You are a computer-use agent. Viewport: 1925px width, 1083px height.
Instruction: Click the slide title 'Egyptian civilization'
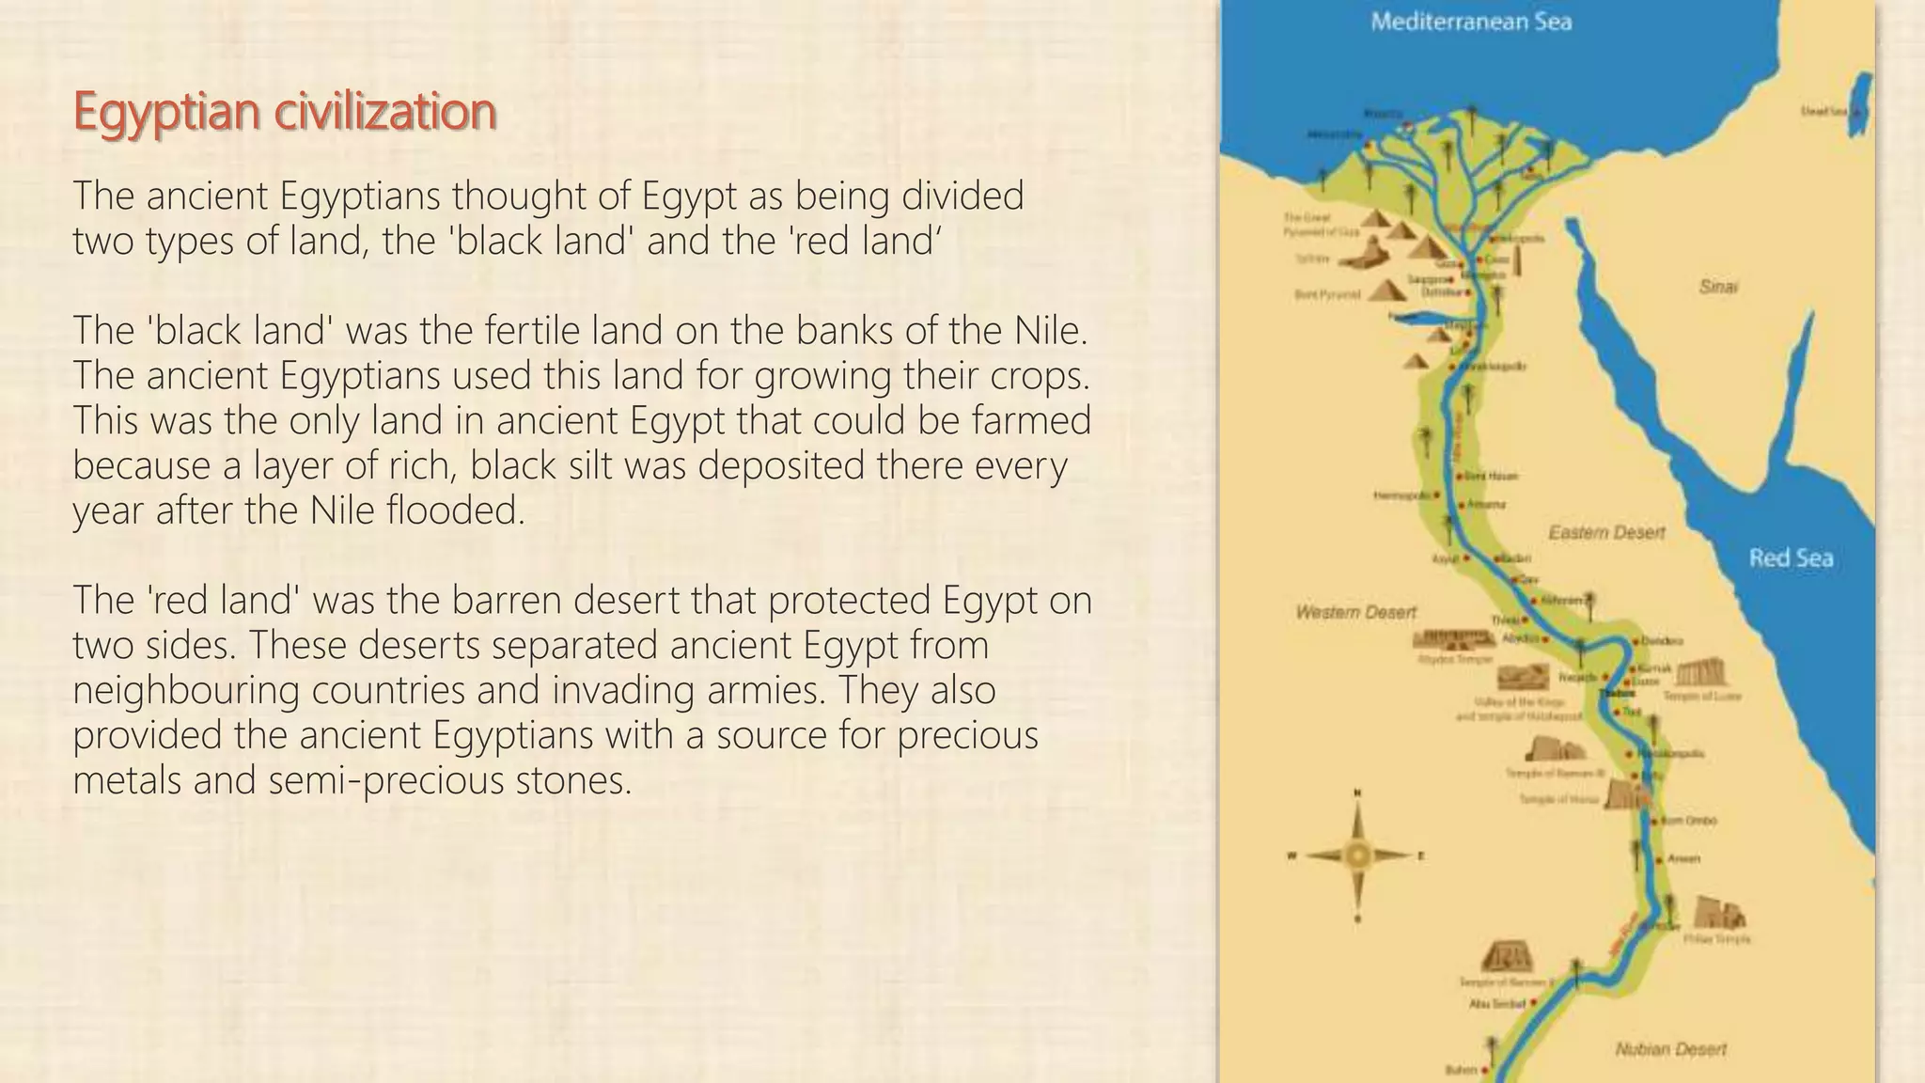284,111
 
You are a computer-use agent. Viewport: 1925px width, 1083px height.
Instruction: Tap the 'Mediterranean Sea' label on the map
1471,22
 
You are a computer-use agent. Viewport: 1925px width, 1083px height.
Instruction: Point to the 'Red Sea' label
1791,558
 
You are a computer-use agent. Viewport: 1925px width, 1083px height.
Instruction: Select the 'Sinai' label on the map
1718,287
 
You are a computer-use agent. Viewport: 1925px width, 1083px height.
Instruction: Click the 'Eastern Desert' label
1606,533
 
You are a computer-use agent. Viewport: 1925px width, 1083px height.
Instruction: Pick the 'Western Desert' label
1355,613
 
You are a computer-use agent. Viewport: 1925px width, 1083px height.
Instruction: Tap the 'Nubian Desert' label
1670,1049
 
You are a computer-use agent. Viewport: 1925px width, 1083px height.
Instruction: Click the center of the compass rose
1357,855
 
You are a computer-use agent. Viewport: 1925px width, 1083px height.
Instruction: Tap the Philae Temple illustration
1719,913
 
